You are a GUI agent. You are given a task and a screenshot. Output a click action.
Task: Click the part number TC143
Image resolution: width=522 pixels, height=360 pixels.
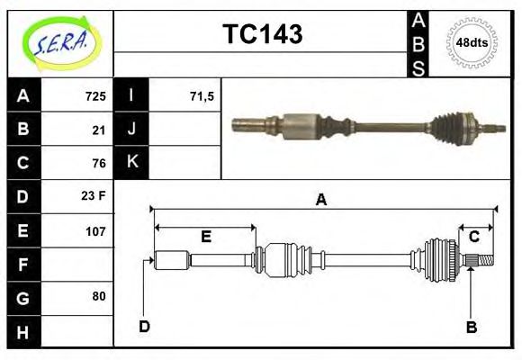point(262,34)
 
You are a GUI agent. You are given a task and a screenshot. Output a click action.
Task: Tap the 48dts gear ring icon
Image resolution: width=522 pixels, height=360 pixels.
point(472,42)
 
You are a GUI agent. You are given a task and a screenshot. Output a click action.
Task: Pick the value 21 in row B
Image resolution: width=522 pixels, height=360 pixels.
point(99,130)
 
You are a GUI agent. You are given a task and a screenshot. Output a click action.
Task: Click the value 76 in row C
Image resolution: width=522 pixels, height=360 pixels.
point(99,163)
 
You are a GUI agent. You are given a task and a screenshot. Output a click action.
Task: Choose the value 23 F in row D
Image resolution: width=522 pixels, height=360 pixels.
point(94,196)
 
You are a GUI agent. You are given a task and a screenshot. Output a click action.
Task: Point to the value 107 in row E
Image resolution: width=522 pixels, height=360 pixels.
point(95,230)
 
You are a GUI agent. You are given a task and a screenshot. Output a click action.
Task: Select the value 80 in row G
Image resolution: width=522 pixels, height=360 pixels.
point(99,296)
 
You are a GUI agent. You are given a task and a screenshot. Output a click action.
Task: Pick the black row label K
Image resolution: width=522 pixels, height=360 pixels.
point(131,163)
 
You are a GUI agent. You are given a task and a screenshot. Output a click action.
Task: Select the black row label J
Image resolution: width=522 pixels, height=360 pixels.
point(131,130)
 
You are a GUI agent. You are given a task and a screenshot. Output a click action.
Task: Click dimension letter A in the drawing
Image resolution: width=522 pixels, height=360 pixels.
point(320,200)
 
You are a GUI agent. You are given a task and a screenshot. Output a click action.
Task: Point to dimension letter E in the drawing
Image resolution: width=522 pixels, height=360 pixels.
point(206,237)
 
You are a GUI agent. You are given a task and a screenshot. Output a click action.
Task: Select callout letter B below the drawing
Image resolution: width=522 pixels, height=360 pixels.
point(471,328)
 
